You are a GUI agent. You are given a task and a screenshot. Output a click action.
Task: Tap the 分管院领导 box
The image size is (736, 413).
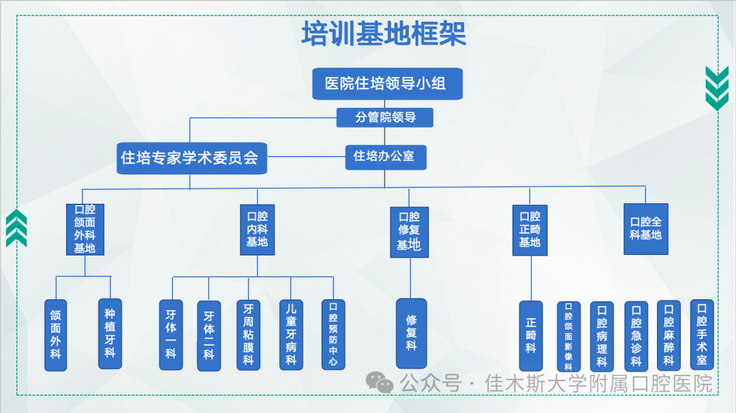[385, 117]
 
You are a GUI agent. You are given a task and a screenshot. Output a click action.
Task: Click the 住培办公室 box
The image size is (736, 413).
[384, 156]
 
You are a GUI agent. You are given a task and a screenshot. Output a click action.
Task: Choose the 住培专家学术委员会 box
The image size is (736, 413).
[189, 158]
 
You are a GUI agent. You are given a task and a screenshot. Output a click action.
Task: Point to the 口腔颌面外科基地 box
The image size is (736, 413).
[85, 229]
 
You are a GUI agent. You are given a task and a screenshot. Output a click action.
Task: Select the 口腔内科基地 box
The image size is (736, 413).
[257, 229]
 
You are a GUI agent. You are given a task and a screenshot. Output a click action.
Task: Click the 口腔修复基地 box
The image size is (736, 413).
[409, 232]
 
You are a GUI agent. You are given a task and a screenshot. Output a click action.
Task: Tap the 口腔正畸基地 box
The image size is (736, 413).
[530, 229]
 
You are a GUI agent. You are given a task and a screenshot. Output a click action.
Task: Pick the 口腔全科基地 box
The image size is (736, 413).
[645, 229]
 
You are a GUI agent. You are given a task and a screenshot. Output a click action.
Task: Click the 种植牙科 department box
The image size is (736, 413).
[110, 333]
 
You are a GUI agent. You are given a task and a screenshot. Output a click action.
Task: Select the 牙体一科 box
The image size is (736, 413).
[170, 335]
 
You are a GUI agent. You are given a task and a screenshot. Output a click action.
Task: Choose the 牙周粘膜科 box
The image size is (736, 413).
[248, 335]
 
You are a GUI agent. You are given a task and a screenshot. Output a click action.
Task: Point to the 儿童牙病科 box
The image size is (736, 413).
[291, 335]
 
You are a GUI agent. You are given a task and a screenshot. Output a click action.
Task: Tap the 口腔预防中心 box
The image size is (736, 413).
[333, 335]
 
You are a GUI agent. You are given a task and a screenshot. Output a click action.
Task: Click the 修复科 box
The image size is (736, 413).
[411, 333]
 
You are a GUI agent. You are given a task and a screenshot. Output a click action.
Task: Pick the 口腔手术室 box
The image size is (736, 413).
[702, 335]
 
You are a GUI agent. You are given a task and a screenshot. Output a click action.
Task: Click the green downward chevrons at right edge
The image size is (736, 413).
[716, 88]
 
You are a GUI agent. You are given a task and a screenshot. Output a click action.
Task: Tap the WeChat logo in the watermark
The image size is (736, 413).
[380, 383]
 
